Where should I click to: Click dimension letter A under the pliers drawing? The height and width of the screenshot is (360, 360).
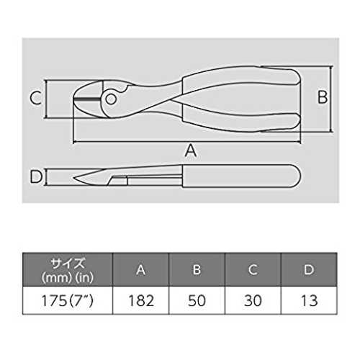pyautogui.click(x=191, y=150)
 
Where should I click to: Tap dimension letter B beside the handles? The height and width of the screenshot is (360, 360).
pyautogui.click(x=323, y=97)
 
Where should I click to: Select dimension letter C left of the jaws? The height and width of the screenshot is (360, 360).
pyautogui.click(x=36, y=98)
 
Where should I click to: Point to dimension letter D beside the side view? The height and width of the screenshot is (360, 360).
pyautogui.click(x=36, y=176)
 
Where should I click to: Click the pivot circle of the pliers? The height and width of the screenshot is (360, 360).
pyautogui.click(x=111, y=99)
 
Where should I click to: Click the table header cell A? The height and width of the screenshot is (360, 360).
pyautogui.click(x=141, y=269)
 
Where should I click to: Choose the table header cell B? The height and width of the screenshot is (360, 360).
pyautogui.click(x=197, y=269)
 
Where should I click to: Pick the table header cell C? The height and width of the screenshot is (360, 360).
pyautogui.click(x=253, y=269)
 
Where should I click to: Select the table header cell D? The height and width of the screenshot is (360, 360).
pyautogui.click(x=309, y=269)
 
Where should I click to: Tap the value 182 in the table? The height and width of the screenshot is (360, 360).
pyautogui.click(x=141, y=300)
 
